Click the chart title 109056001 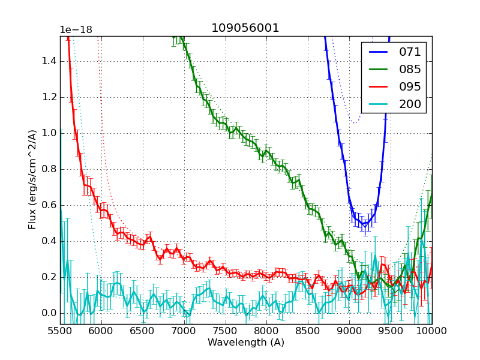[245, 28]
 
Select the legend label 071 [410, 52]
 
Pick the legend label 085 [410, 70]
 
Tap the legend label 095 [410, 87]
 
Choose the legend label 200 [410, 104]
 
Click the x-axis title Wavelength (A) [246, 343]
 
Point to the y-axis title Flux [33, 180]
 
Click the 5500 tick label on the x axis [60, 331]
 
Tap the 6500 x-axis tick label [143, 331]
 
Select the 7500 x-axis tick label [226, 331]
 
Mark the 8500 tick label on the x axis [308, 331]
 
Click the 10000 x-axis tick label [431, 331]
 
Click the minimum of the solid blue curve [364, 224]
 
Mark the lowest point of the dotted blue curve [355, 122]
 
